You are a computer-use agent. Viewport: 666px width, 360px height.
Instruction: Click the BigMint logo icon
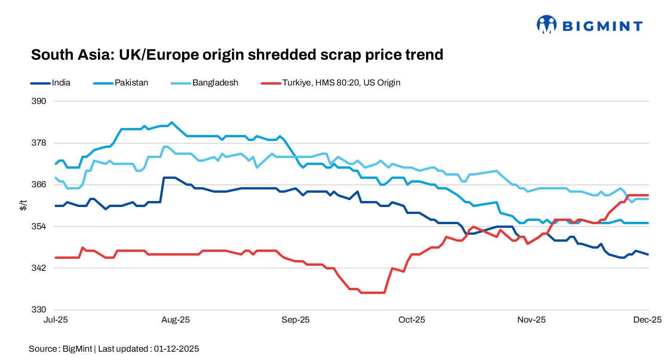(547, 24)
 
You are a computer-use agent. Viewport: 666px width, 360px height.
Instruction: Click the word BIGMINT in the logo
(602, 26)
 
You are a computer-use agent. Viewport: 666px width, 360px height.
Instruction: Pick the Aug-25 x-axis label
(175, 320)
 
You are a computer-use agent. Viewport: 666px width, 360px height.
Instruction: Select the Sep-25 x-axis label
(295, 320)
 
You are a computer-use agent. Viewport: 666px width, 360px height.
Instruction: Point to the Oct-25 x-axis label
(412, 320)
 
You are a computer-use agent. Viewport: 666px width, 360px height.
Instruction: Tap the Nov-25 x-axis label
(532, 320)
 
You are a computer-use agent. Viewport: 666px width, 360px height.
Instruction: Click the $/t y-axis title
(24, 206)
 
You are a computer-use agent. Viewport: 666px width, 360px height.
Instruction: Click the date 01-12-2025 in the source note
(175, 349)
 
